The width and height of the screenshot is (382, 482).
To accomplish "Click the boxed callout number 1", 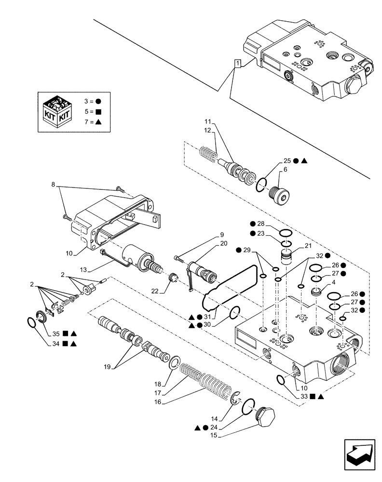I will coord(237,64).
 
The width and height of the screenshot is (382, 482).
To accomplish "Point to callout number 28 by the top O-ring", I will coord(261,224).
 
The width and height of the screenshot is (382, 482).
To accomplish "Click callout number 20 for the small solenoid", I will coord(224,243).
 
